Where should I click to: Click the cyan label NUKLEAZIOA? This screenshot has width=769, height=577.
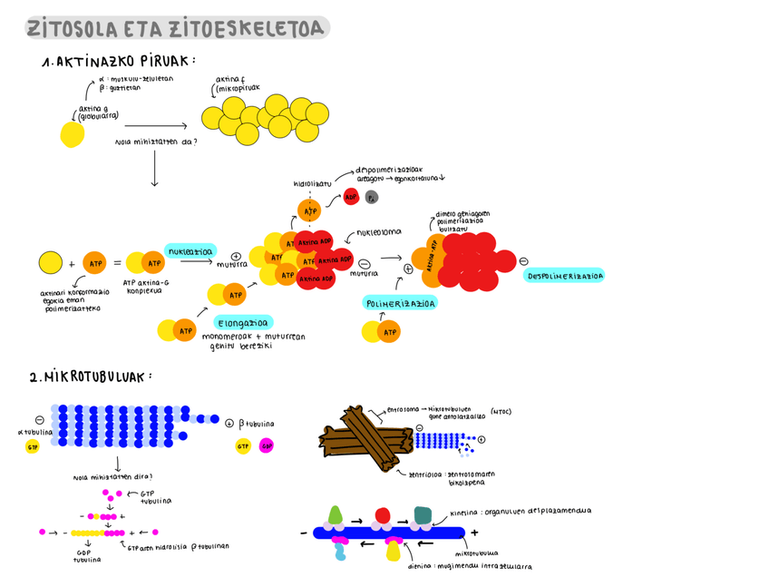pos(190,251)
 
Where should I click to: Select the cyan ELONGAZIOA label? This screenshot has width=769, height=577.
pos(245,321)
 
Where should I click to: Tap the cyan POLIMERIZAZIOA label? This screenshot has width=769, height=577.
pos(400,304)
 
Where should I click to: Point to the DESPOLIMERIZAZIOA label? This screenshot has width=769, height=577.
pos(564,275)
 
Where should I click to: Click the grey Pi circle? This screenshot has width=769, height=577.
pos(372,198)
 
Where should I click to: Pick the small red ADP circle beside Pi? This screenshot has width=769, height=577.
pos(352,198)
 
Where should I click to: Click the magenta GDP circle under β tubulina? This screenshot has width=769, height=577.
pos(267,445)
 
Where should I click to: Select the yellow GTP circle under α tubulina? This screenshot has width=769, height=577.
pos(33,446)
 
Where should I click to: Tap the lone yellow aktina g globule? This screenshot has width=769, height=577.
pos(73,135)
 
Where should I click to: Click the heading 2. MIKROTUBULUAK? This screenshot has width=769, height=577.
pos(91,377)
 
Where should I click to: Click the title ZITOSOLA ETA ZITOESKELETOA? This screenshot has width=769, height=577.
pos(177,29)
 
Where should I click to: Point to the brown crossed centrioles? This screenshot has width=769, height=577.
pos(363,439)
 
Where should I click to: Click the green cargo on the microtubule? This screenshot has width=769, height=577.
pos(336,514)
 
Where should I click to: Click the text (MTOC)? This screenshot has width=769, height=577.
pos(500,412)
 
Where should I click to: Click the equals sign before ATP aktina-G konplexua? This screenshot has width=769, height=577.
pos(117,264)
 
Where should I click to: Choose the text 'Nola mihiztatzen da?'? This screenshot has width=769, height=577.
pos(156,142)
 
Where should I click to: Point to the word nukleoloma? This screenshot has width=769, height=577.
pos(378,231)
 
